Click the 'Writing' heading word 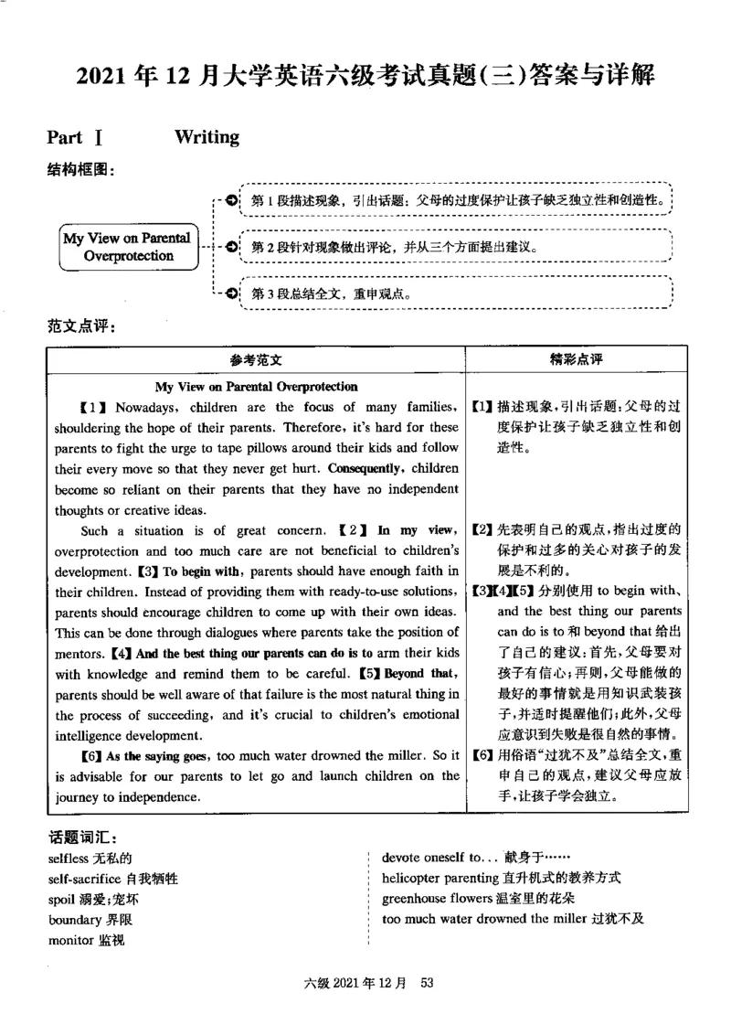point(207,137)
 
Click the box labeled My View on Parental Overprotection point(127,247)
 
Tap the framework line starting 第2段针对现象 point(393,247)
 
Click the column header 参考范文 point(256,361)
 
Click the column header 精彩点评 point(576,360)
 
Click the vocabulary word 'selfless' point(69,859)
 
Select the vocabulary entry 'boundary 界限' point(90,920)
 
